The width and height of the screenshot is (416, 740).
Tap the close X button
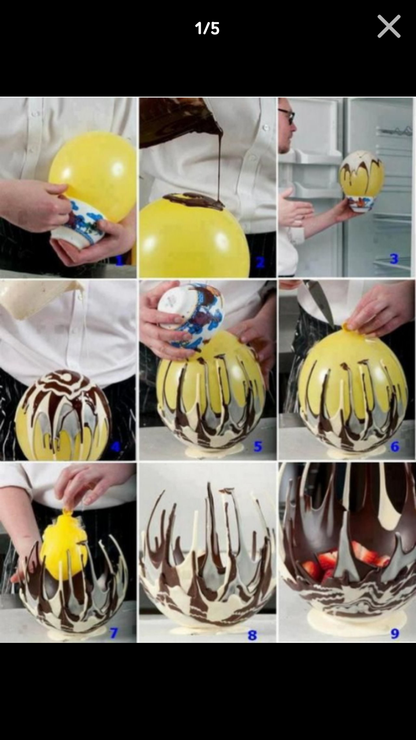point(389,27)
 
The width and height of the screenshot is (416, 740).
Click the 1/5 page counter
point(207,28)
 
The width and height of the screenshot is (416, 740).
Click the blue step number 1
point(120,261)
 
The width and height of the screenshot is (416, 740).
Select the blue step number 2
point(260,262)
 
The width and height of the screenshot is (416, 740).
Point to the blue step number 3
point(394,258)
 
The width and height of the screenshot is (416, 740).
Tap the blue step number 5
point(258,446)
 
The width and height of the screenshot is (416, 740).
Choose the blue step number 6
point(395,447)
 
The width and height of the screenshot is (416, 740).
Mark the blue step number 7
point(114,632)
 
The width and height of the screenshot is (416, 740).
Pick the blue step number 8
point(252,634)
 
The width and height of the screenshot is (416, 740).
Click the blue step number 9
point(395,633)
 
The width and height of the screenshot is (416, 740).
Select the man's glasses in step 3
point(287,116)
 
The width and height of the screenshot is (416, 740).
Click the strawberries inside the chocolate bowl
point(347,561)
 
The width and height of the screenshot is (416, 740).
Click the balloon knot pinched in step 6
point(346,327)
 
